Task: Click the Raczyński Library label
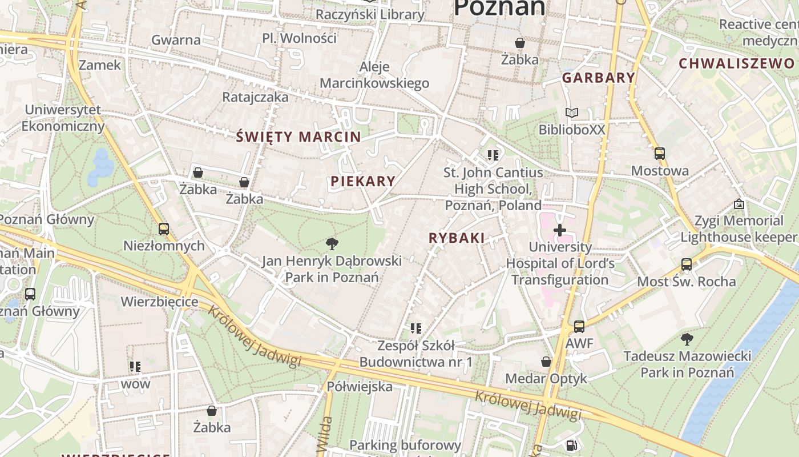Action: (x=370, y=14)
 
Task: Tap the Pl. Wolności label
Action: (x=299, y=38)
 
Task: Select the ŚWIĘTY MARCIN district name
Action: (x=298, y=137)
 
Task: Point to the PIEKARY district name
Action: (x=363, y=181)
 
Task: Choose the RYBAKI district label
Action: (x=457, y=238)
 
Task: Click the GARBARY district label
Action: (x=598, y=78)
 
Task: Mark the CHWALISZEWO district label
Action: (x=736, y=63)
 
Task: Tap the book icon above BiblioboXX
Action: (x=572, y=113)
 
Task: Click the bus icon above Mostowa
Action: (x=660, y=154)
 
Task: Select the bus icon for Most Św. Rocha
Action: (x=687, y=264)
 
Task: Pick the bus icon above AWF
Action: (x=579, y=327)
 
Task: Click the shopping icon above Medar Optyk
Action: (x=546, y=362)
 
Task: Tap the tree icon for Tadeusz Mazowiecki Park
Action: (x=687, y=339)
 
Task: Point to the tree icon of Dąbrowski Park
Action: (x=332, y=244)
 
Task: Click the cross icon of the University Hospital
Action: (x=560, y=230)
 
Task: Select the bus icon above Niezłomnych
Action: (x=164, y=229)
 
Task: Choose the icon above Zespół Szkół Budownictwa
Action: (x=416, y=328)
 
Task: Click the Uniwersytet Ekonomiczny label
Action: (x=63, y=118)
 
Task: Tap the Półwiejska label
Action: (x=360, y=387)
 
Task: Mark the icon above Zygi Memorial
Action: (x=739, y=204)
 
